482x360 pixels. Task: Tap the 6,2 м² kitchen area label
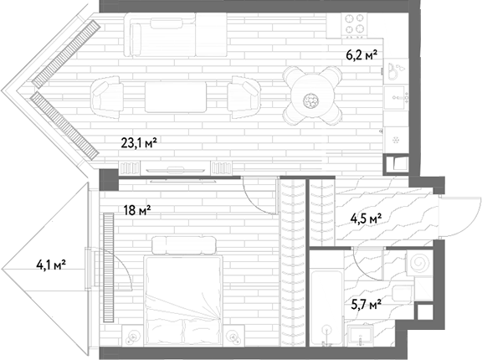[361, 55]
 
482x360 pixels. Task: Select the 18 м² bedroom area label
[137, 211]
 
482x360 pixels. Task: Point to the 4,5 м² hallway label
[367, 219]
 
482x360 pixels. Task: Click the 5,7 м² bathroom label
[367, 305]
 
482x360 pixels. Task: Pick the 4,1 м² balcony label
[51, 265]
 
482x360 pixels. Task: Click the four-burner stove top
[355, 24]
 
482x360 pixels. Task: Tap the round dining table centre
[312, 100]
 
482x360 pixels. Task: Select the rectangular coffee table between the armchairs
[176, 97]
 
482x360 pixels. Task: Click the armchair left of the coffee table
[106, 97]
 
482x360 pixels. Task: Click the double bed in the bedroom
[183, 296]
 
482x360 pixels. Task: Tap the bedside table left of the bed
[132, 336]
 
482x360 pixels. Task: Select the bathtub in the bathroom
[326, 308]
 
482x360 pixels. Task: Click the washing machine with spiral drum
[419, 263]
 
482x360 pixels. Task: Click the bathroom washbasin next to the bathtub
[361, 335]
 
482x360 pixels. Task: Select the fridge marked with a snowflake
[397, 140]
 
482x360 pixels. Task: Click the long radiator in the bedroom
[109, 267]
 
